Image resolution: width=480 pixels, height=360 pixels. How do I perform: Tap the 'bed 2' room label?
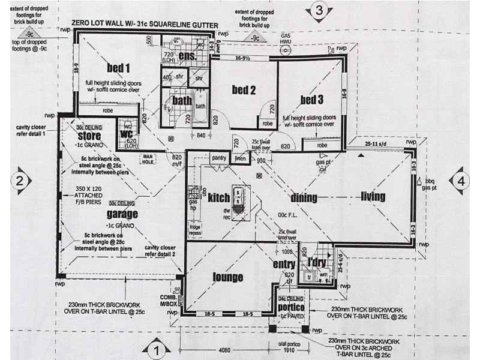click(244, 91)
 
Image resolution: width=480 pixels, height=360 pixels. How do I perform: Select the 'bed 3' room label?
click(312, 99)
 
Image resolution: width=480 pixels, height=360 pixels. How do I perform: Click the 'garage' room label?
click(122, 214)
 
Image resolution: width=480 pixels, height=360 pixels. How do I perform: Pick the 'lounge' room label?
click(228, 277)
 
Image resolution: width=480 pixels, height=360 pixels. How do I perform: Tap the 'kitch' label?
click(219, 197)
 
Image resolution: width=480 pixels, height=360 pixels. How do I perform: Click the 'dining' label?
click(304, 197)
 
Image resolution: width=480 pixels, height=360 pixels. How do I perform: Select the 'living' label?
click(373, 196)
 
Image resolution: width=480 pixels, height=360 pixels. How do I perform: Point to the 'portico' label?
click(292, 307)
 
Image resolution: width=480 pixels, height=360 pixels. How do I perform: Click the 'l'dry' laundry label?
click(316, 262)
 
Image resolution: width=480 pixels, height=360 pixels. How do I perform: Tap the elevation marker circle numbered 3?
click(319, 10)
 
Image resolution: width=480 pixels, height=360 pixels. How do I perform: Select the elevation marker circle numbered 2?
click(20, 180)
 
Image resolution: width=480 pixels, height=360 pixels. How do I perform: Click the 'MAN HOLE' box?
click(148, 158)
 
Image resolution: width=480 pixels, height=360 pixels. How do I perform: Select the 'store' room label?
click(88, 136)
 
